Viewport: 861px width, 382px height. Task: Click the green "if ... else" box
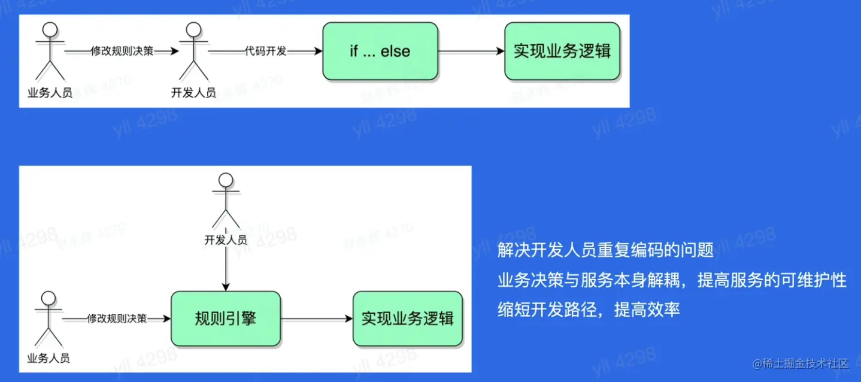click(x=380, y=51)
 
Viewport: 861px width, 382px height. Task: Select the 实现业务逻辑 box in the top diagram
click(x=562, y=51)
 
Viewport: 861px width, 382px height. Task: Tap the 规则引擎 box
click(x=226, y=319)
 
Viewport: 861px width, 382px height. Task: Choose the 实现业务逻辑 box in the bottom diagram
click(x=407, y=319)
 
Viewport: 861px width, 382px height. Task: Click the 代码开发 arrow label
click(x=266, y=51)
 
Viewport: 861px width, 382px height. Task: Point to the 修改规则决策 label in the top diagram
click(x=122, y=51)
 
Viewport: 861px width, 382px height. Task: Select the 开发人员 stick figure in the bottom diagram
click(x=226, y=201)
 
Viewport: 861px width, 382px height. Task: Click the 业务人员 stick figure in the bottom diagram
click(x=48, y=320)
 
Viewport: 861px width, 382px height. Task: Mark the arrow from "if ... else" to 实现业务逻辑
click(x=472, y=51)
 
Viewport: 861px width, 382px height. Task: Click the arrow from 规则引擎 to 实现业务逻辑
click(x=316, y=319)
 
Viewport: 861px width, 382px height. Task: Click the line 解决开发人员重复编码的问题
click(x=605, y=250)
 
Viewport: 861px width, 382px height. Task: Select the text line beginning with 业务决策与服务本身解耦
click(x=672, y=280)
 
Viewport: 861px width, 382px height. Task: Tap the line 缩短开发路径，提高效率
click(x=589, y=310)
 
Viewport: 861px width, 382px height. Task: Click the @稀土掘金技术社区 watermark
click(x=801, y=363)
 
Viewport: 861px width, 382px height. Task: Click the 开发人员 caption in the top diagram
click(x=193, y=93)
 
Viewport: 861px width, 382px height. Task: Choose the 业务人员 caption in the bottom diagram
click(x=48, y=359)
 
